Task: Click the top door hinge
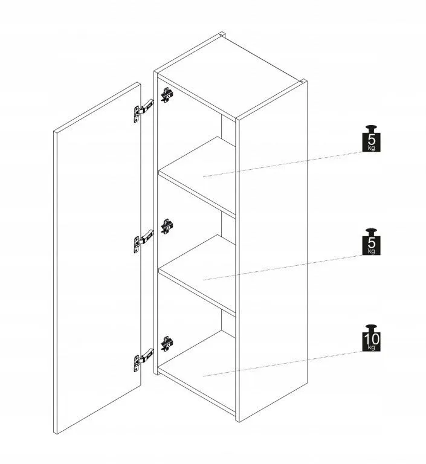tap(144, 111)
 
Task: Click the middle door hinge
tap(144, 241)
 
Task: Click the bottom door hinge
tap(144, 359)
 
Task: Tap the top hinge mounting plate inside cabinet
tap(167, 95)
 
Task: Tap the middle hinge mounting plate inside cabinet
tap(167, 227)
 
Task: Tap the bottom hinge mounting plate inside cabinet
tap(167, 344)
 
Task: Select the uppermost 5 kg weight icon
tap(371, 138)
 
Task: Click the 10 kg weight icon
tap(371, 338)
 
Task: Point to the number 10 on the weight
tap(372, 338)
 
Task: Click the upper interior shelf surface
tap(198, 175)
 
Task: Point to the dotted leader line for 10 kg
tap(283, 363)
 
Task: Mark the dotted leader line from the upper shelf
tap(283, 164)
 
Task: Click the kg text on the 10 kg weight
tap(372, 347)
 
